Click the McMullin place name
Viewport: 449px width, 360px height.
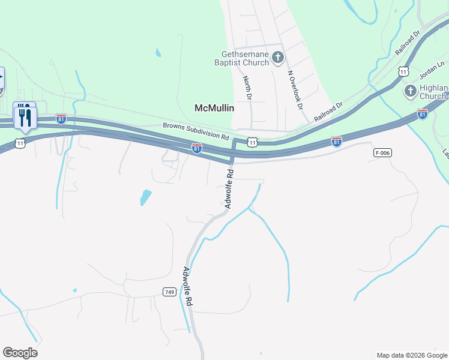pos(214,108)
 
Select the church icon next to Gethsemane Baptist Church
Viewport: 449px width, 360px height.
pos(277,58)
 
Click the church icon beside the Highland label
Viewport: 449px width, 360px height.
pos(410,91)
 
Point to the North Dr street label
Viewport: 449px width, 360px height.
pos(247,88)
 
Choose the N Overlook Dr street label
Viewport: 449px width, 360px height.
pos(294,90)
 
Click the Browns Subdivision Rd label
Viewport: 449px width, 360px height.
pos(196,131)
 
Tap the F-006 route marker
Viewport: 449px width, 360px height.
pos(382,153)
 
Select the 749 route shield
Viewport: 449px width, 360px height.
pos(169,292)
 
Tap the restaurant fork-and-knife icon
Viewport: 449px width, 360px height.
pos(25,116)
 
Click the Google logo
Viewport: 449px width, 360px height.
pos(20,353)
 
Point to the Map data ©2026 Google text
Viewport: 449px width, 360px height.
pos(412,355)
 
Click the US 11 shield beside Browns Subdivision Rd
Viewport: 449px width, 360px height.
pos(253,142)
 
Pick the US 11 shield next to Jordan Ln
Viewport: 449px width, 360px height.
pos(403,72)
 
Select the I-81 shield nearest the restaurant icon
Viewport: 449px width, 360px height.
pos(61,118)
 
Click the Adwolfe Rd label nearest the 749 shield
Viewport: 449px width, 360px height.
pos(188,287)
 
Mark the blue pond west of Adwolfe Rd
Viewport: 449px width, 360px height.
pos(145,197)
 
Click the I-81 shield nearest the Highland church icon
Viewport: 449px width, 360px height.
pos(423,113)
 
